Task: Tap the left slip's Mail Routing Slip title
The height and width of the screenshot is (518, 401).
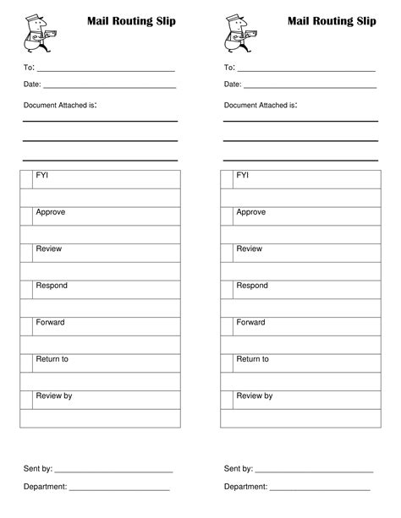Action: pos(131,20)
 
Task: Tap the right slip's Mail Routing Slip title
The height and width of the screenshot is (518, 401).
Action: pos(332,20)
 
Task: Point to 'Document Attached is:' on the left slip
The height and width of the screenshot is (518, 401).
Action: pos(60,106)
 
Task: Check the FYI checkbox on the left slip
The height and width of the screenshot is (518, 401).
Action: pos(26,178)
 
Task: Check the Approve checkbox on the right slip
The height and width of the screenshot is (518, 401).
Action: pos(227,215)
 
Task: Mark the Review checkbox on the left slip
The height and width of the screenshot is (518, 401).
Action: pos(26,253)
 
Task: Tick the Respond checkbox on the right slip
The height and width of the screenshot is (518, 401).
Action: pos(227,290)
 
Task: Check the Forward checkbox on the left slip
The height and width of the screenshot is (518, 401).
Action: pos(26,326)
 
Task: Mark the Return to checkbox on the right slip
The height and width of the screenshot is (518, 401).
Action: pos(227,363)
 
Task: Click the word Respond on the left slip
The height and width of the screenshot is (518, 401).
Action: pos(52,286)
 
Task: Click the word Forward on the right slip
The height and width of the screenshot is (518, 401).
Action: pos(250,323)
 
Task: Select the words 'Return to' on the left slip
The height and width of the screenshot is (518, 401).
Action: pos(52,359)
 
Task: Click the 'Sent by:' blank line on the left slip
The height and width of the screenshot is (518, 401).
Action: pos(113,470)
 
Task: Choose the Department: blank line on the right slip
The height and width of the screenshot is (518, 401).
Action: pos(320,489)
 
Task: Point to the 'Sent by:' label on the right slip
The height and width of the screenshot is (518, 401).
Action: pos(238,468)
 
